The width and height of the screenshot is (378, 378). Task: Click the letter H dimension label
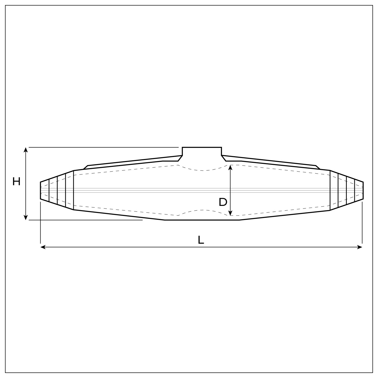pyautogui.click(x=16, y=182)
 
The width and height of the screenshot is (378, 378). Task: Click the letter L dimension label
pyautogui.click(x=201, y=240)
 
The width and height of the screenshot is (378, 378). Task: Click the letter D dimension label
pyautogui.click(x=223, y=202)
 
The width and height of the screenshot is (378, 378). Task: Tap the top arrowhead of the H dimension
pyautogui.click(x=26, y=149)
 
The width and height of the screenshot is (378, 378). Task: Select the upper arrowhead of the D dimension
pyautogui.click(x=230, y=167)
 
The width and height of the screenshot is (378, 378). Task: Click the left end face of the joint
pyautogui.click(x=41, y=190)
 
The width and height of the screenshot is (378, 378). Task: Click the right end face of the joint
pyautogui.click(x=363, y=190)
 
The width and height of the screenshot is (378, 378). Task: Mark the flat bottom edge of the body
pyautogui.click(x=202, y=220)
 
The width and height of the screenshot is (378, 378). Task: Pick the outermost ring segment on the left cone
pyautogui.click(x=45, y=190)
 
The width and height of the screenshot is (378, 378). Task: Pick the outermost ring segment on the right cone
pyautogui.click(x=359, y=190)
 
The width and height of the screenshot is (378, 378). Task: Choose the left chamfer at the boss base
pyautogui.click(x=180, y=158)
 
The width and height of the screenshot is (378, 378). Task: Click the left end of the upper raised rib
pyautogui.click(x=86, y=167)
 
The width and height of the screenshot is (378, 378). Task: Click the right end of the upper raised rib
pyautogui.click(x=318, y=167)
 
